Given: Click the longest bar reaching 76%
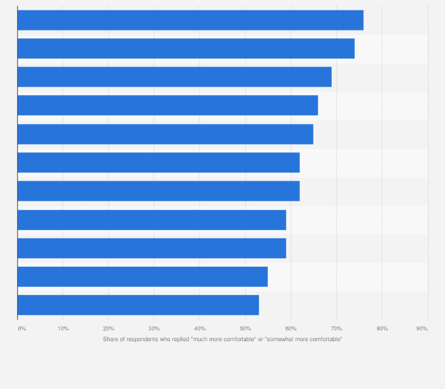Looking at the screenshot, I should [x=190, y=20].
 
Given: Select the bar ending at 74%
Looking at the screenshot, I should [x=186, y=48].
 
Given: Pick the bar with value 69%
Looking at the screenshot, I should [x=174, y=77].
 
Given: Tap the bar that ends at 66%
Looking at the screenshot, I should [x=168, y=105].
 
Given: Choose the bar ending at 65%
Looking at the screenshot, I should [x=165, y=134].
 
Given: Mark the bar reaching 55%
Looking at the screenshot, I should [x=142, y=276].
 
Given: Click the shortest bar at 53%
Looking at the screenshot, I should [x=138, y=305].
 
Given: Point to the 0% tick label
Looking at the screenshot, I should [x=22, y=328].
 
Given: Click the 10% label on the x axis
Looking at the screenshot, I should [x=63, y=328].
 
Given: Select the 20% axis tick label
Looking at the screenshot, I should [x=109, y=328].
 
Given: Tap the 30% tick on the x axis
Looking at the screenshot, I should [x=154, y=328].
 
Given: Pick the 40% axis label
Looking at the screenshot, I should [x=199, y=328].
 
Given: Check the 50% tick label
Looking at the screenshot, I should [x=246, y=328].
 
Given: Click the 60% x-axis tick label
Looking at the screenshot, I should [x=291, y=328].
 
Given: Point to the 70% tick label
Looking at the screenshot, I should [x=336, y=328].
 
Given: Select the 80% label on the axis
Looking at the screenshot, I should [x=382, y=328].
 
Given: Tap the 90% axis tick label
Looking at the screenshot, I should [x=422, y=328].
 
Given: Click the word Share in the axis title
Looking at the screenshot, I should [x=110, y=339].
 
